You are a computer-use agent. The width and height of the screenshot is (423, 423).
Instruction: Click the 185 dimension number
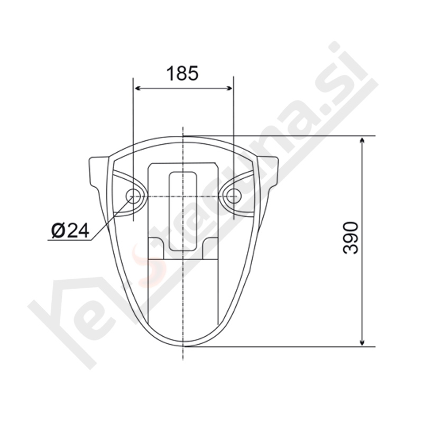click(x=182, y=73)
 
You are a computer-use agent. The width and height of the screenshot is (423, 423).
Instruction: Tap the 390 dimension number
click(x=351, y=237)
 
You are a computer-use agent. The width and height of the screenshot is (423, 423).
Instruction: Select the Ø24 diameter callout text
click(x=70, y=231)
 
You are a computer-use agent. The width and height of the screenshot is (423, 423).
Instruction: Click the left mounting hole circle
click(x=133, y=196)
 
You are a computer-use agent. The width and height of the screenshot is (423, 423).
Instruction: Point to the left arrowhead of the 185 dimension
click(x=137, y=88)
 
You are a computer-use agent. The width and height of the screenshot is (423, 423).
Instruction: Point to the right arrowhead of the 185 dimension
click(x=229, y=88)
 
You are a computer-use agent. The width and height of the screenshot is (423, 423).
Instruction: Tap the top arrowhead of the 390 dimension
click(x=362, y=140)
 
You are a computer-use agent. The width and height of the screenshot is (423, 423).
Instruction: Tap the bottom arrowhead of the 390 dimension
click(x=362, y=342)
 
